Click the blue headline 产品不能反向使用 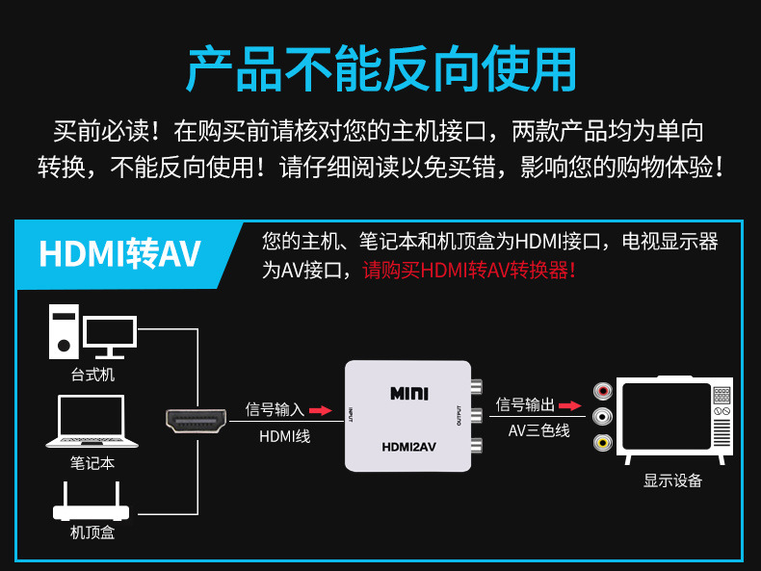(x=381, y=69)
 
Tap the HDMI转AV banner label (x=119, y=253)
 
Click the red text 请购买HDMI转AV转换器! (x=469, y=271)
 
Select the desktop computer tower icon (x=64, y=332)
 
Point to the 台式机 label (x=92, y=375)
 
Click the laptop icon (x=92, y=421)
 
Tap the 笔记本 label (x=92, y=463)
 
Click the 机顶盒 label (x=92, y=532)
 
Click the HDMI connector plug (x=197, y=421)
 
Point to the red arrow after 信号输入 (x=321, y=410)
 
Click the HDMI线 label (x=284, y=436)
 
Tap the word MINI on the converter (x=409, y=394)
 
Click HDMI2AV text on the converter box (x=408, y=447)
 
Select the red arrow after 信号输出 (x=569, y=405)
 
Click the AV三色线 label (x=538, y=430)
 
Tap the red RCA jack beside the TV (x=603, y=391)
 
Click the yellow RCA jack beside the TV (x=603, y=442)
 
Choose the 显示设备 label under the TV (x=672, y=480)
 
